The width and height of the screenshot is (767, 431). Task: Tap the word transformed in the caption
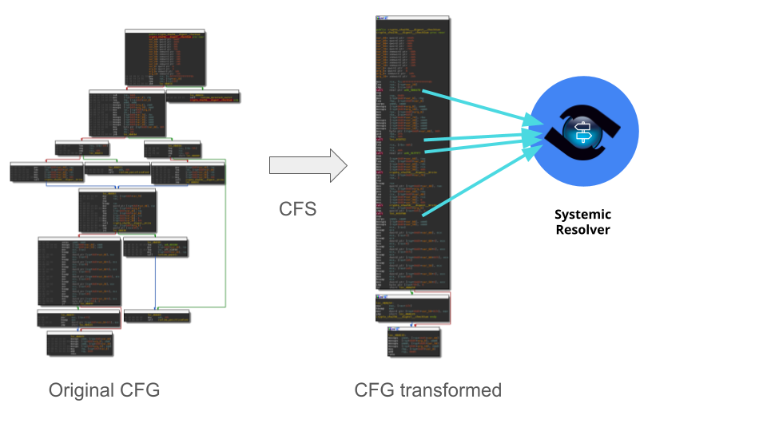point(458,390)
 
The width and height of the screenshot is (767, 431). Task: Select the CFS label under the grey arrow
point(297,209)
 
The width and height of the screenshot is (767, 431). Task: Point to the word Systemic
point(582,215)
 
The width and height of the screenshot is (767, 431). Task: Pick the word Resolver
point(582,230)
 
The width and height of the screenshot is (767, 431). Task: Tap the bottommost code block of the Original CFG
point(79,344)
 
